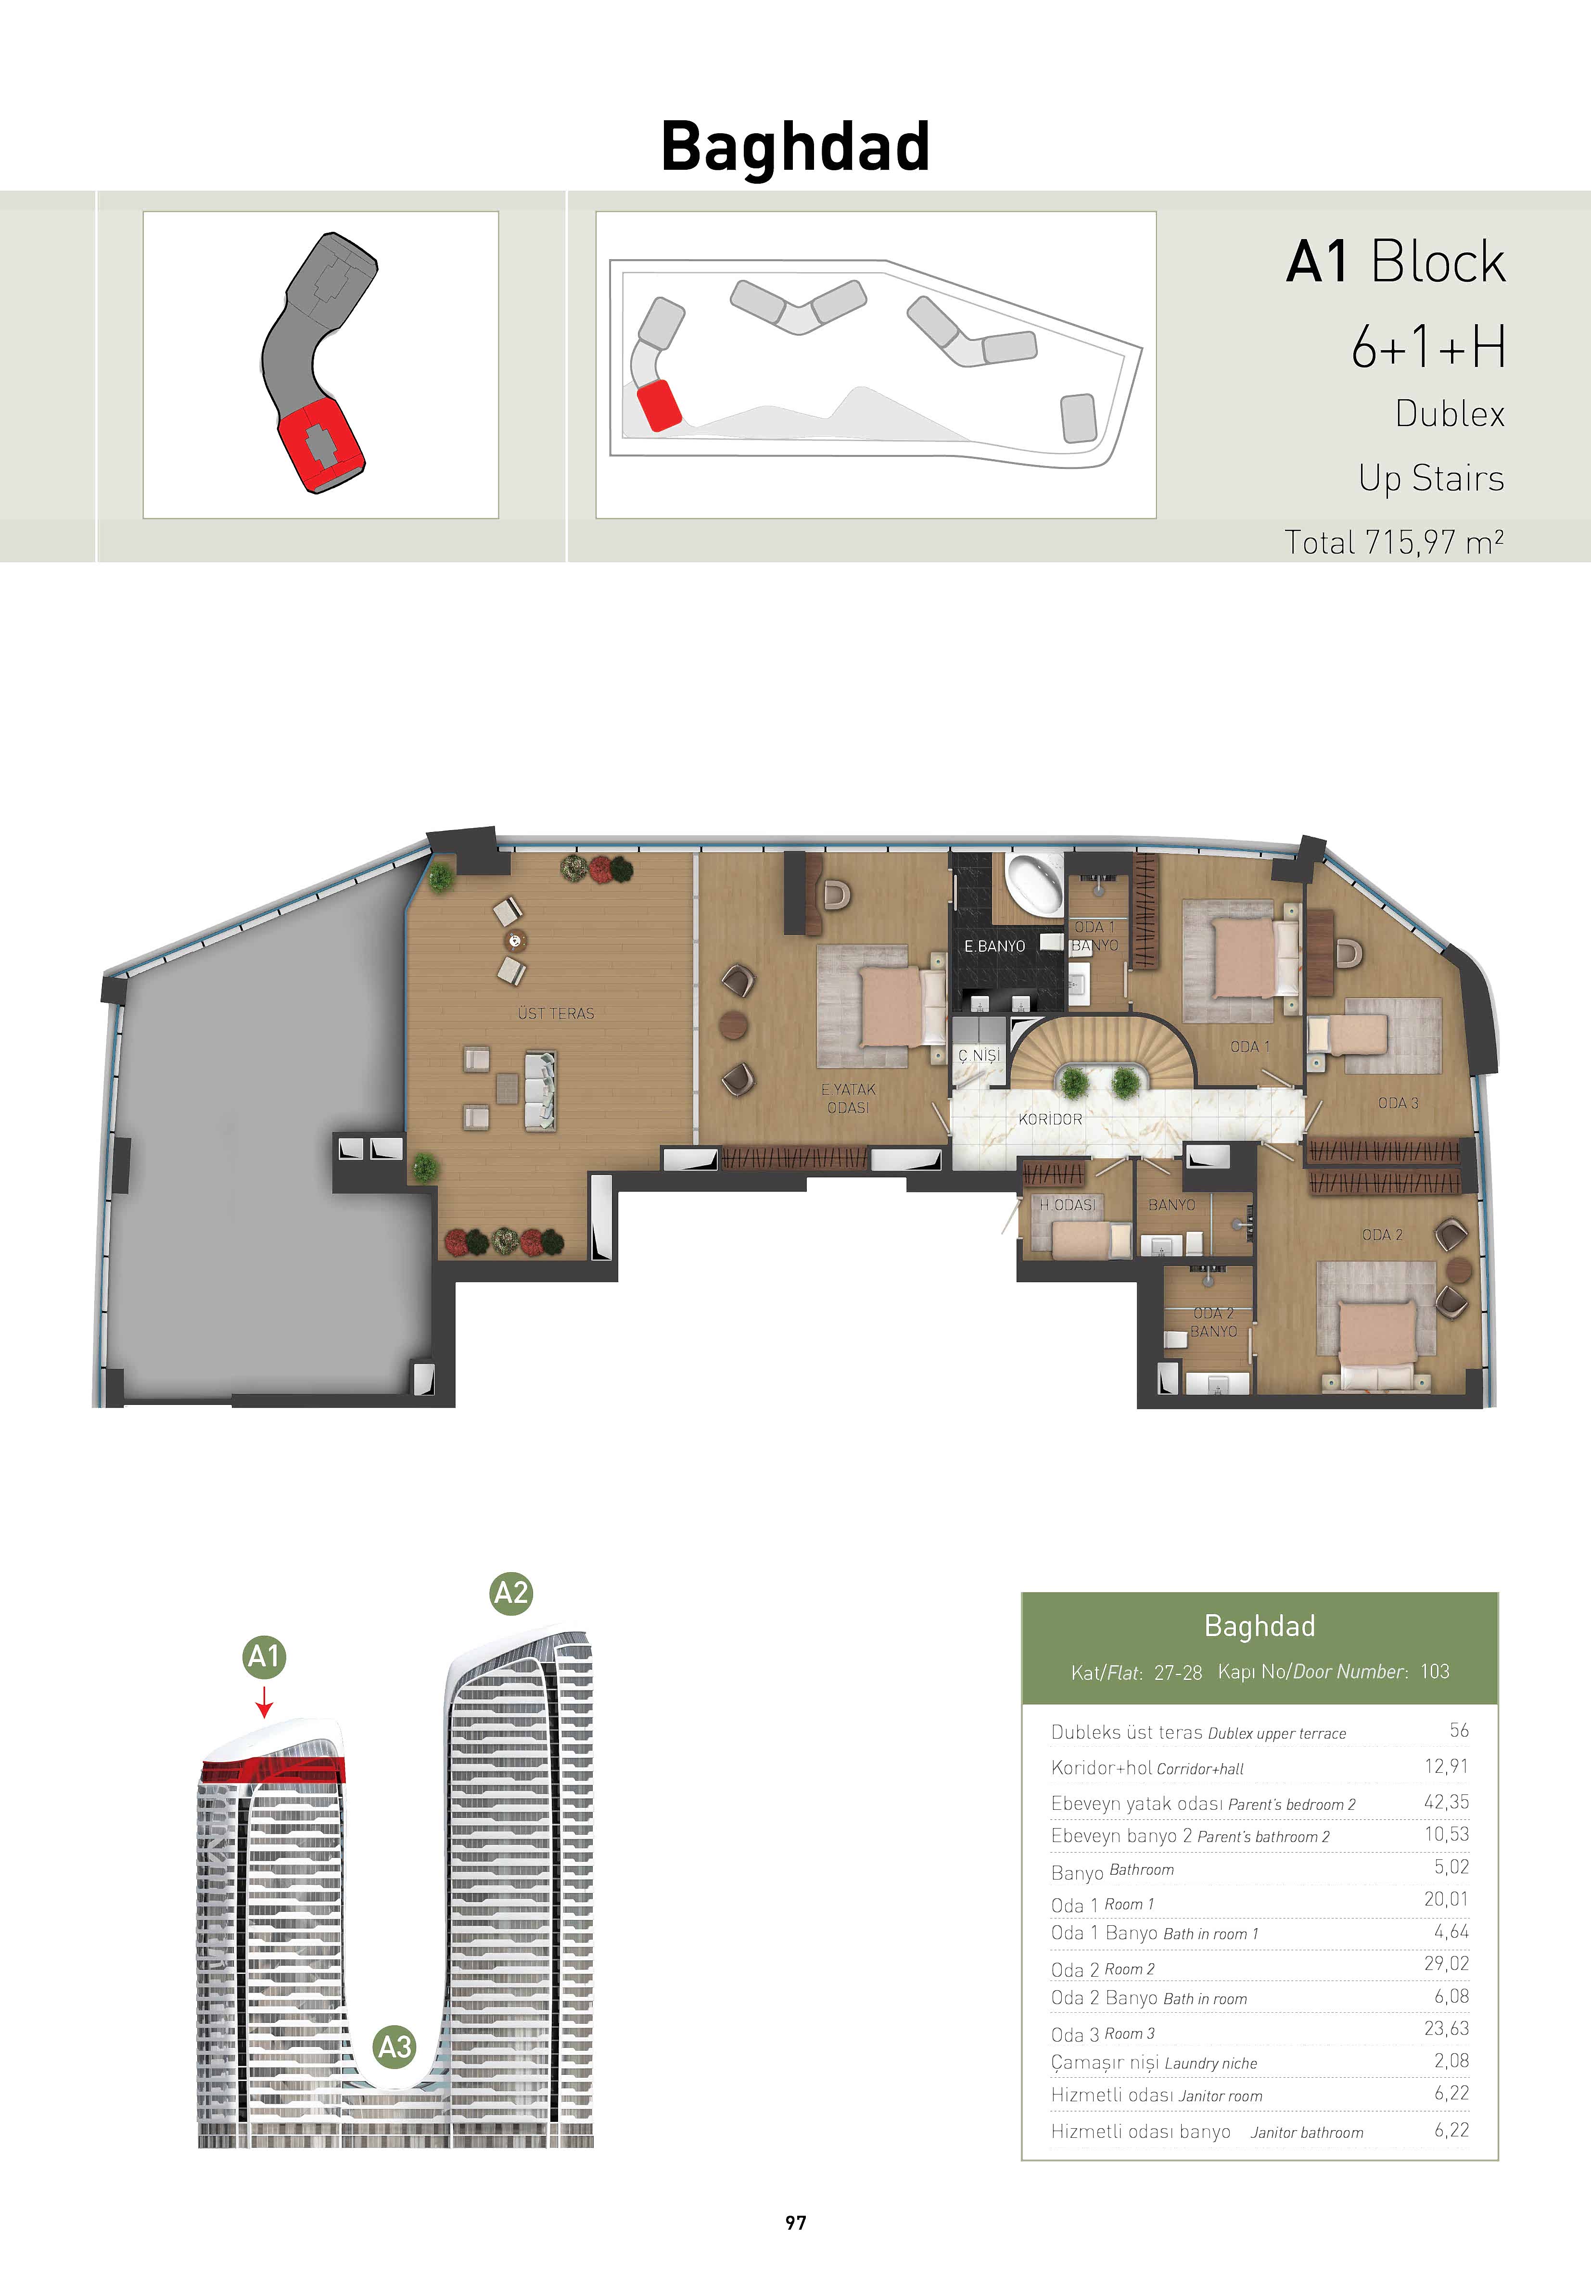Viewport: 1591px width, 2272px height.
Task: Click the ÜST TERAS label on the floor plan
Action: click(x=555, y=1013)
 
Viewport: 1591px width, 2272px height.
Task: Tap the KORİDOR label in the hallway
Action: click(x=1050, y=1119)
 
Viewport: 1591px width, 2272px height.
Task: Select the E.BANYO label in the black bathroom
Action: click(x=994, y=946)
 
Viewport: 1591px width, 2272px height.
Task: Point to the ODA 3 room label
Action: click(x=1398, y=1102)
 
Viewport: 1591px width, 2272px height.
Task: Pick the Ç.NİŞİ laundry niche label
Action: click(x=979, y=1056)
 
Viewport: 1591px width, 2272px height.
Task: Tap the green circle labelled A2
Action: click(x=511, y=1593)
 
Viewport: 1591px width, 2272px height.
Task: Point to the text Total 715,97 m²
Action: click(x=1394, y=543)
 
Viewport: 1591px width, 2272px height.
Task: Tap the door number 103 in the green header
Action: click(x=1435, y=1671)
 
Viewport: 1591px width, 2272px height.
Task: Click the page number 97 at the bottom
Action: click(x=796, y=2222)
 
